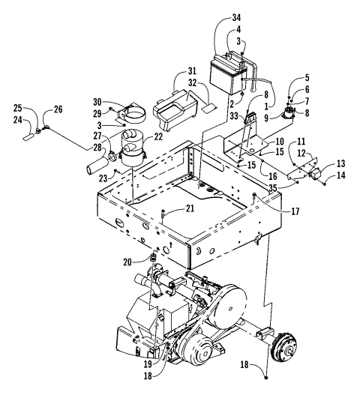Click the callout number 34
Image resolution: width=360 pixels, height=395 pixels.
[236, 17]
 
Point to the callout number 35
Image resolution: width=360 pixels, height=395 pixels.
[275, 187]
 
